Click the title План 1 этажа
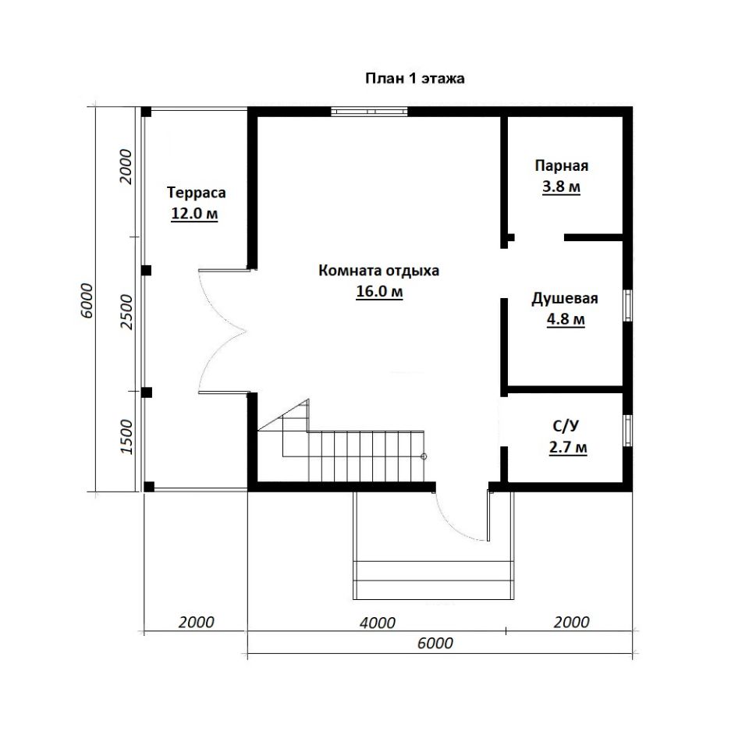(x=414, y=78)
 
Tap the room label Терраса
(x=197, y=193)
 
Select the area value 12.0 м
(x=194, y=214)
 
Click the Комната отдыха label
(x=379, y=271)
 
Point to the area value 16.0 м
(x=380, y=291)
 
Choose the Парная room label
(x=561, y=165)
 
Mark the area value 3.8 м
(x=561, y=186)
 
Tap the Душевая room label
(x=565, y=299)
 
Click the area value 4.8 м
(x=566, y=318)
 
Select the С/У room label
(x=566, y=426)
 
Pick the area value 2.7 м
(x=568, y=448)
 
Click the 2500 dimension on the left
(x=126, y=311)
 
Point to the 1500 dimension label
(x=126, y=437)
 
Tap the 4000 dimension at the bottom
(x=378, y=623)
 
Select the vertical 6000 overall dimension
(x=87, y=301)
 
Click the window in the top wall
(x=369, y=112)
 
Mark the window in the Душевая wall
(x=628, y=305)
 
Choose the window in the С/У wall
(x=628, y=431)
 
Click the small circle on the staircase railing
(x=424, y=456)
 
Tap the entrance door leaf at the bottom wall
(x=488, y=516)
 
